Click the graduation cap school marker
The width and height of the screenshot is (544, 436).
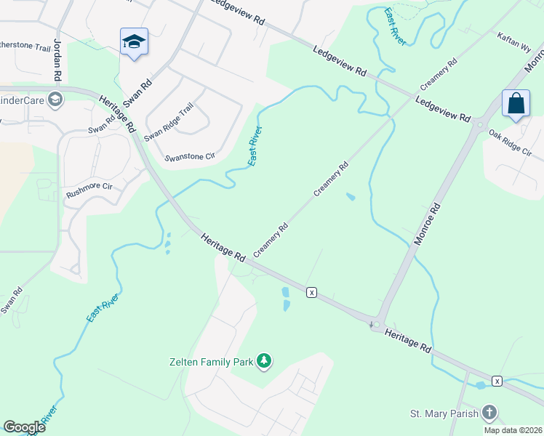pyautogui.click(x=134, y=41)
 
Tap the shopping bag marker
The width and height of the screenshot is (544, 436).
pyautogui.click(x=516, y=103)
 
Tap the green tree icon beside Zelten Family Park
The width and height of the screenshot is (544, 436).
pyautogui.click(x=265, y=361)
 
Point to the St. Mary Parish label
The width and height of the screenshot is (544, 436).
pyautogui.click(x=444, y=413)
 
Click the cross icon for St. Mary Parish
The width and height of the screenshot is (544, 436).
pyautogui.click(x=490, y=413)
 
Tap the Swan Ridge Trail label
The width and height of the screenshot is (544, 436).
pyautogui.click(x=169, y=121)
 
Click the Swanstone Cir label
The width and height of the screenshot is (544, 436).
pyautogui.click(x=191, y=156)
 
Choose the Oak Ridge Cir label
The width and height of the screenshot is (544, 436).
pyautogui.click(x=511, y=143)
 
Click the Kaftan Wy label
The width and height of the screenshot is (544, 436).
pyautogui.click(x=514, y=40)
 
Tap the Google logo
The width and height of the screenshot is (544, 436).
pyautogui.click(x=24, y=427)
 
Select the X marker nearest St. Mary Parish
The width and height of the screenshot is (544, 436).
pyautogui.click(x=497, y=381)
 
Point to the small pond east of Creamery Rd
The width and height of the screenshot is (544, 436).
pyautogui.click(x=351, y=197)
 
